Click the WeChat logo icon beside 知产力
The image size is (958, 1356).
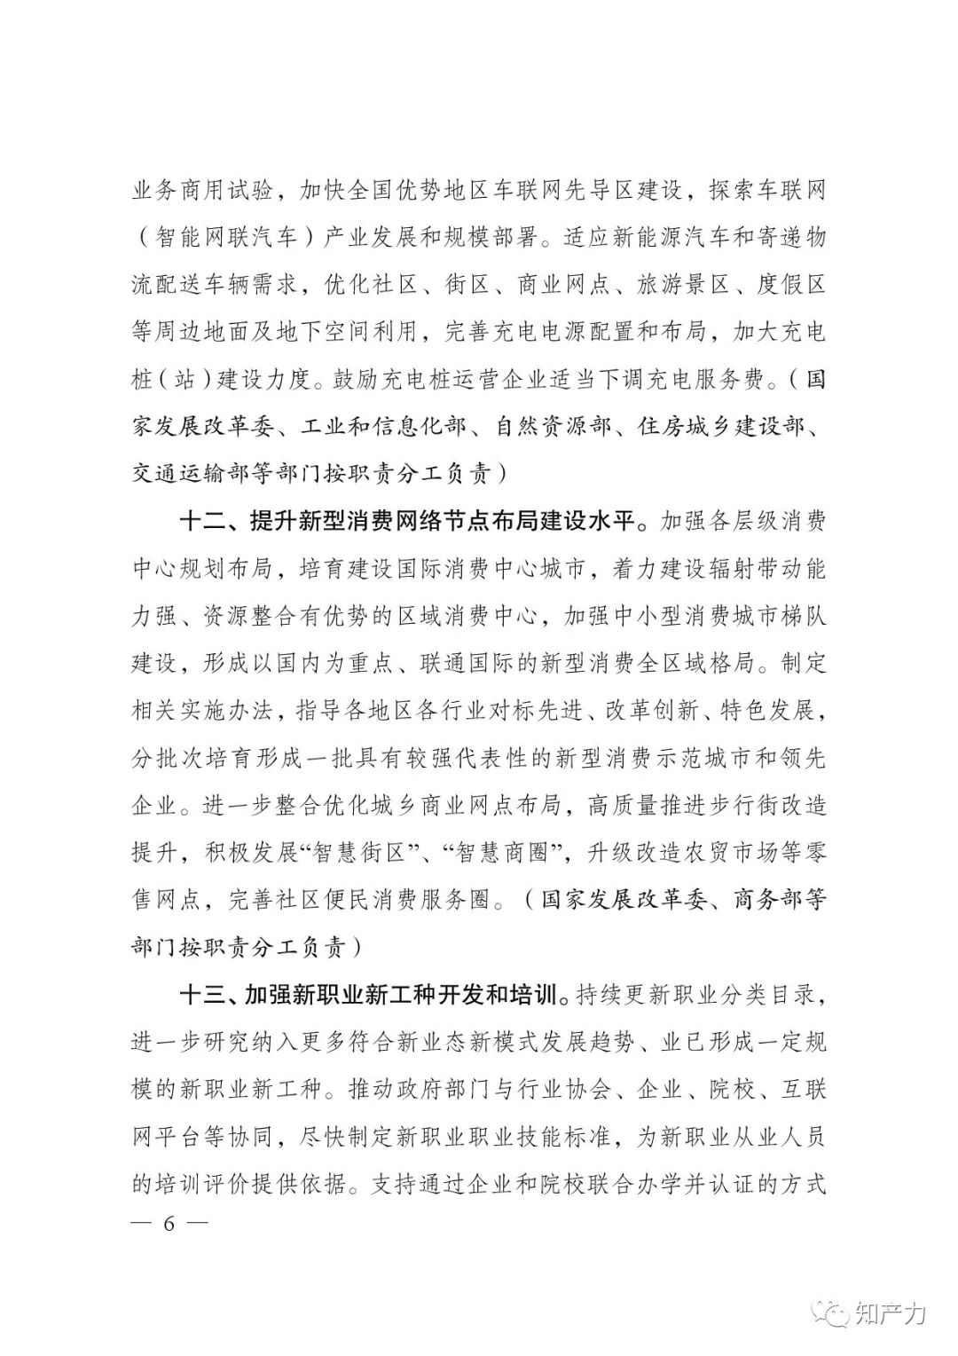pos(836,1312)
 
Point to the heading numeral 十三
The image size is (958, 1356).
pos(202,995)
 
